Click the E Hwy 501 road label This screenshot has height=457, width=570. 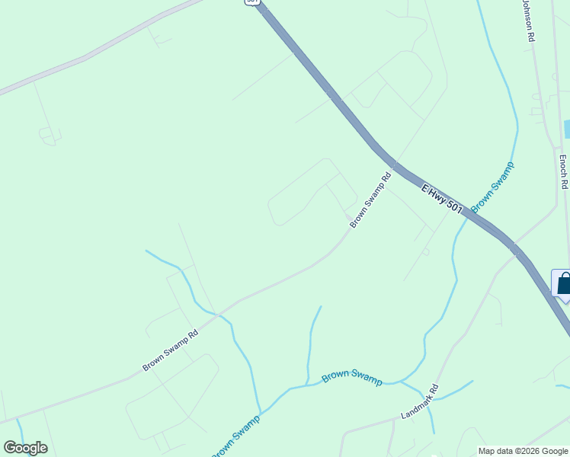[x=443, y=198]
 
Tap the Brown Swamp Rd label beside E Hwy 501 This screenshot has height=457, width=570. [x=370, y=200]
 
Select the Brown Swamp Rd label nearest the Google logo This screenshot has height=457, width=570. [x=170, y=350]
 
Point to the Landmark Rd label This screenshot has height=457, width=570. [x=420, y=402]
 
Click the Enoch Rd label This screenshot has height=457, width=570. [x=563, y=171]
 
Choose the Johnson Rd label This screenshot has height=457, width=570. [x=527, y=20]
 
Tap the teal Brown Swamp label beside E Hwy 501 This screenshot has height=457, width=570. [x=492, y=187]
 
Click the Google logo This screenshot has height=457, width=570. [x=25, y=448]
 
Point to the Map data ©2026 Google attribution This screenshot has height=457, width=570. [x=523, y=451]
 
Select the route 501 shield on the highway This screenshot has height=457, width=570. [x=252, y=2]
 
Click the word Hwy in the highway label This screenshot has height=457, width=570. [x=439, y=195]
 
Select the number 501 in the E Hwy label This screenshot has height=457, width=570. [x=454, y=206]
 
